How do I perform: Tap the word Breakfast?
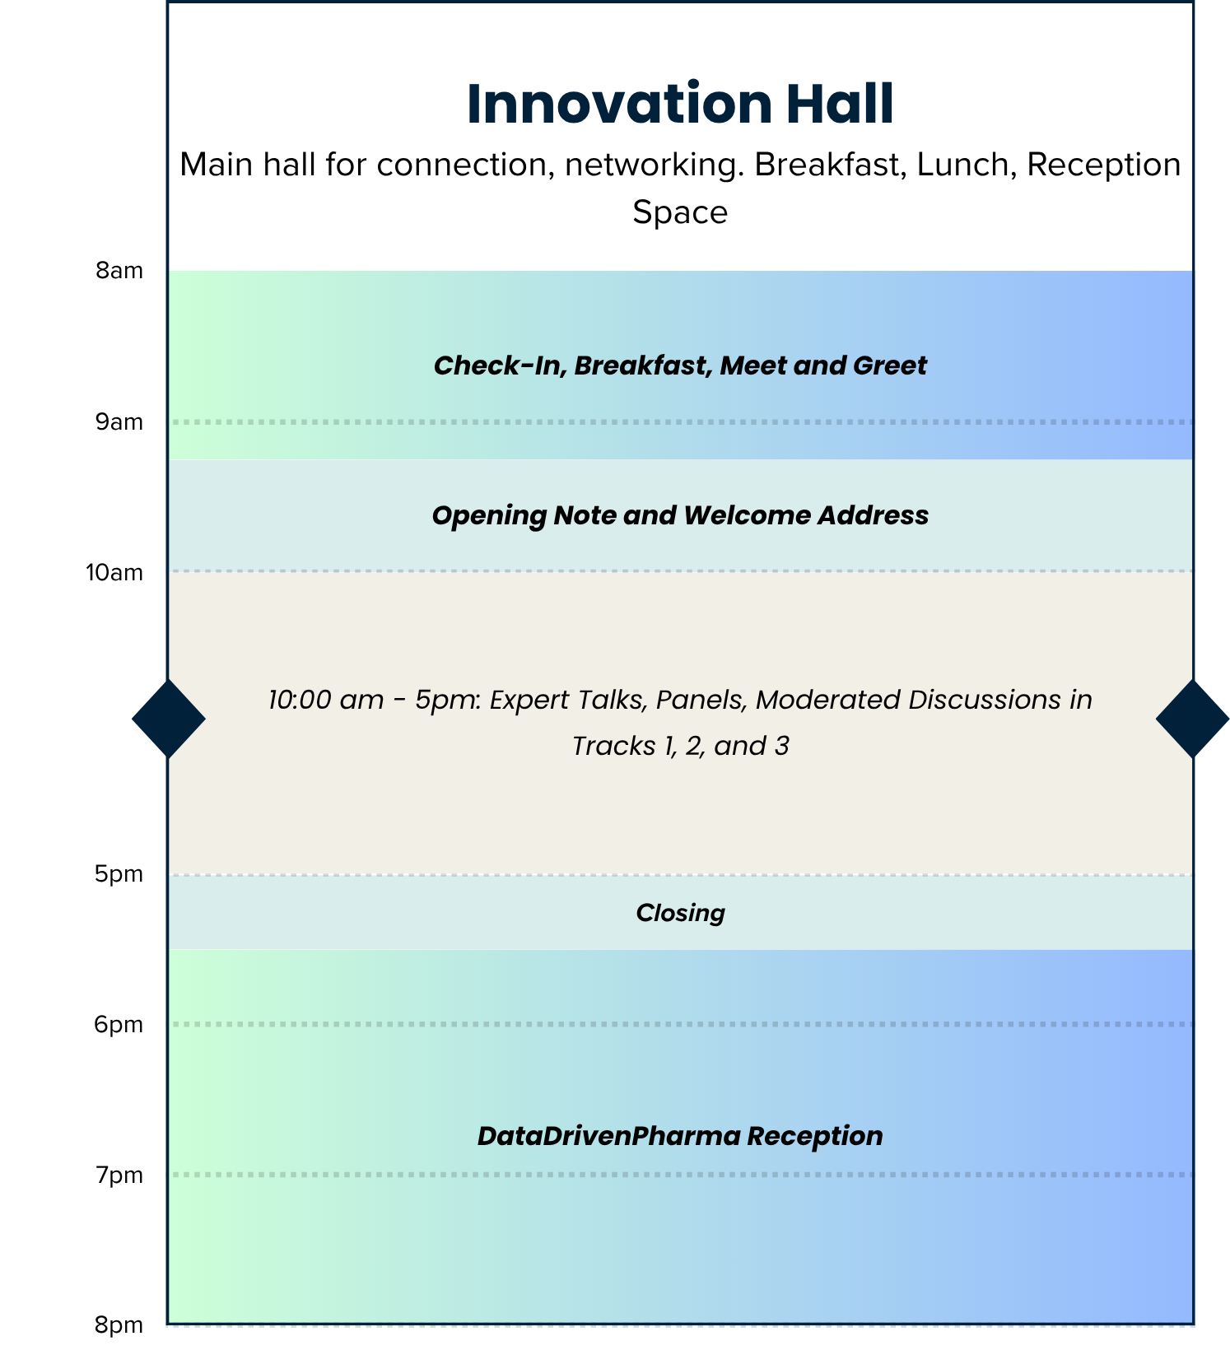642,365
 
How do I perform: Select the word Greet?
890,365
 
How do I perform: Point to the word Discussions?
985,700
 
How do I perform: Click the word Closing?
680,913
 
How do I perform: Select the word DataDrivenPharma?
608,1136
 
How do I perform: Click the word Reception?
815,1136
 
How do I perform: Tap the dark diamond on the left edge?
169,719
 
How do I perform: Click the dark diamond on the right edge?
1192,719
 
